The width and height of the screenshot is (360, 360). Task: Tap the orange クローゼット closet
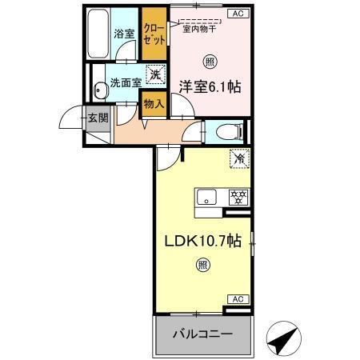[153, 34]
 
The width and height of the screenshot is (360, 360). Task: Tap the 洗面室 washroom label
[125, 82]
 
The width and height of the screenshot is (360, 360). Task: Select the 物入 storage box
[153, 102]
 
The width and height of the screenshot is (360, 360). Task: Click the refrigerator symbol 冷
[238, 158]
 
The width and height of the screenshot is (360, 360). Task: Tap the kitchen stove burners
[238, 195]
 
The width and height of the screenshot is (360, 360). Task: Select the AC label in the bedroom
[238, 14]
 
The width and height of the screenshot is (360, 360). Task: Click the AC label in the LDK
[238, 298]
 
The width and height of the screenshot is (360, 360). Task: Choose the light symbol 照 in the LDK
[202, 265]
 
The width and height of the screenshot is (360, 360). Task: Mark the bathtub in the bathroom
[97, 34]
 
